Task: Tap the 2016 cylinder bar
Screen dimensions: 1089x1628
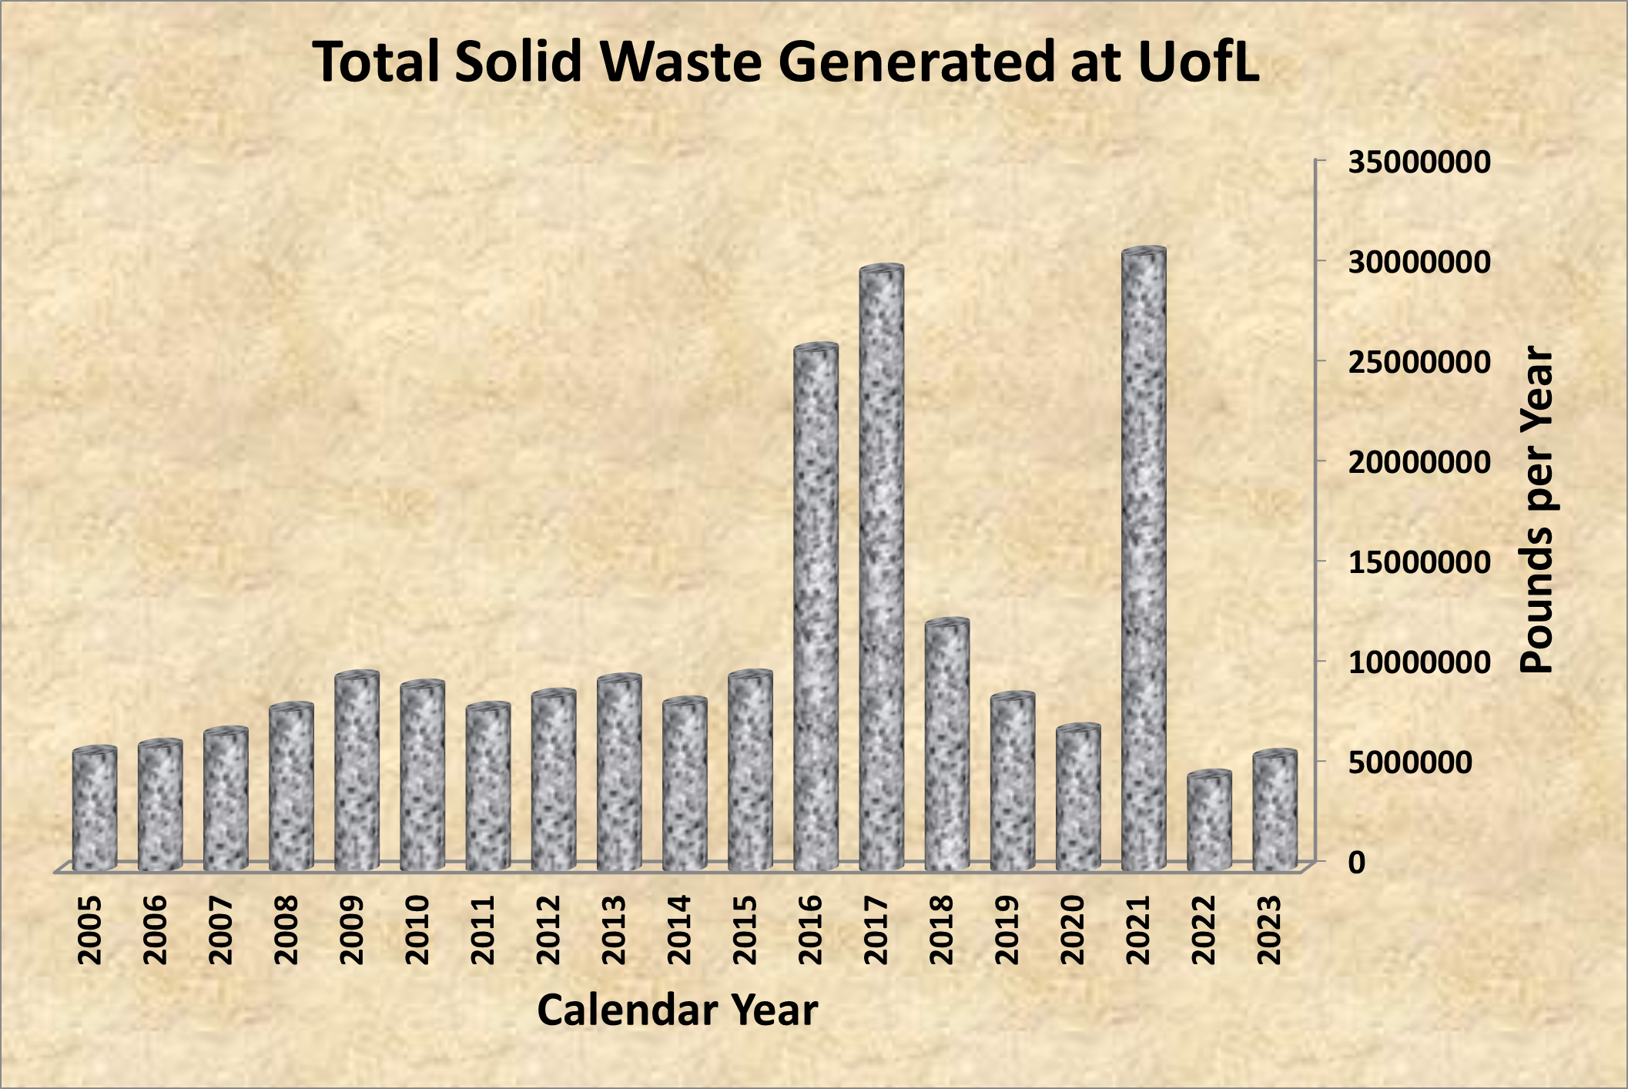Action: tap(816, 608)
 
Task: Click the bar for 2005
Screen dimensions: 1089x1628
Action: tap(95, 809)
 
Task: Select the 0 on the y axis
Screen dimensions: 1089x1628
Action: tap(1357, 863)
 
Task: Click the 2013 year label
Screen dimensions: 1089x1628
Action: tap(614, 930)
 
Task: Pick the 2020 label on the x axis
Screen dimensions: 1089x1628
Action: tap(1073, 930)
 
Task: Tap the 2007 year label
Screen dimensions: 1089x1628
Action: tap(221, 930)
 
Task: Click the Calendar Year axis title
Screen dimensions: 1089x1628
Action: tap(677, 1010)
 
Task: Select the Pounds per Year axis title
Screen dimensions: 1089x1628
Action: tap(1538, 511)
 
